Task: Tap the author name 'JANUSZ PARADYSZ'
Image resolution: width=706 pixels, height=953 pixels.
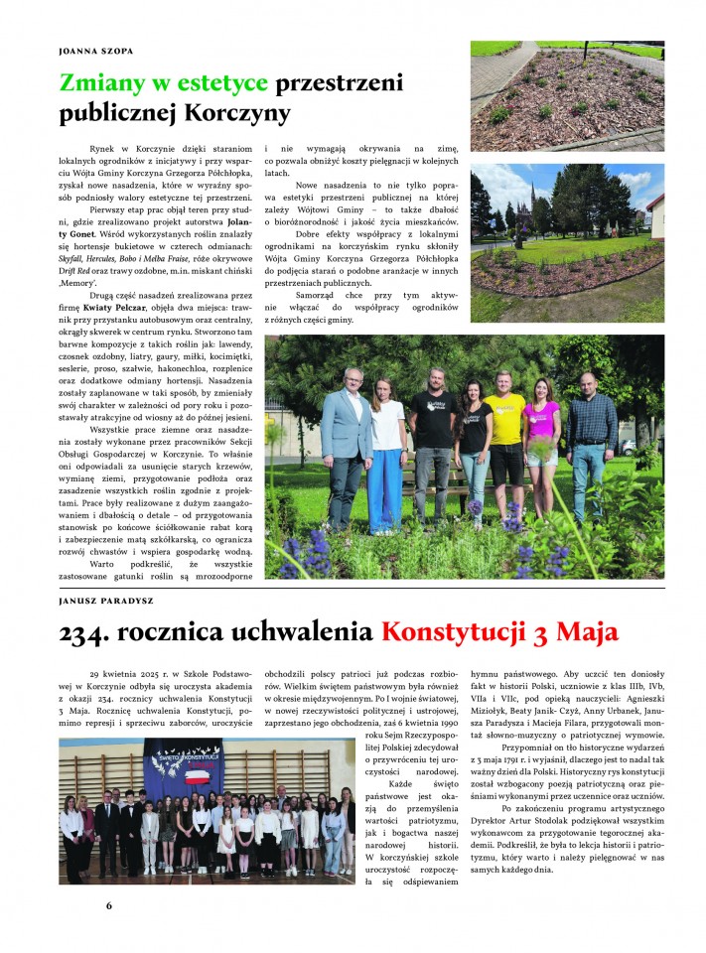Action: [103, 601]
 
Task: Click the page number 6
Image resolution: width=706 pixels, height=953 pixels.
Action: [109, 905]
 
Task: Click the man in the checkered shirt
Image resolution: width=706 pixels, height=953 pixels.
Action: [592, 437]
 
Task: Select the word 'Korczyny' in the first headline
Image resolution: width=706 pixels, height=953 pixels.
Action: [244, 112]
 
